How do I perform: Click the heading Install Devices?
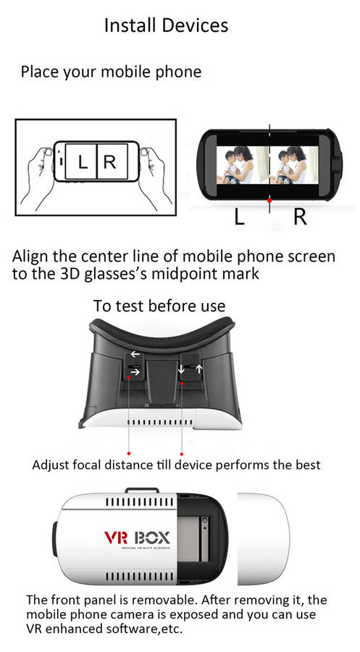(166, 26)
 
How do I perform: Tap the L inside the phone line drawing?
(83, 162)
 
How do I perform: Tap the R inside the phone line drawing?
(110, 162)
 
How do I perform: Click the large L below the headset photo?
(239, 217)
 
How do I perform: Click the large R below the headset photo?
(300, 217)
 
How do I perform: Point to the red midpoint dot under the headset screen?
(269, 201)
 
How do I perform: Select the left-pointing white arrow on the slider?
(135, 354)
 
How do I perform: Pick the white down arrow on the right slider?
(182, 369)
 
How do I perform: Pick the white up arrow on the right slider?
(198, 369)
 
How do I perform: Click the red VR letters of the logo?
(116, 538)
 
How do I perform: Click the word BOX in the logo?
(152, 538)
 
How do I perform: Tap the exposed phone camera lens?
(204, 521)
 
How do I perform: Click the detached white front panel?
(263, 539)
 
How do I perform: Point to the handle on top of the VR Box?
(142, 490)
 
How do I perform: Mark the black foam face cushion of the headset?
(162, 333)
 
